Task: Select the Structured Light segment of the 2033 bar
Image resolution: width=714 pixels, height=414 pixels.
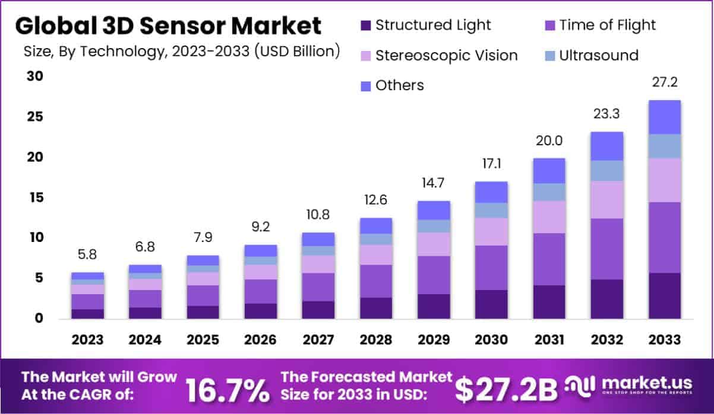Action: tap(664, 295)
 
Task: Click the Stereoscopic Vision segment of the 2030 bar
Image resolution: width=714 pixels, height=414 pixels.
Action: tap(491, 231)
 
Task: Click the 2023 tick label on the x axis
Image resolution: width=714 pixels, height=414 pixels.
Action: tap(87, 340)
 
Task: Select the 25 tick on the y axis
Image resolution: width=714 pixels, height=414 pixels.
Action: tap(34, 117)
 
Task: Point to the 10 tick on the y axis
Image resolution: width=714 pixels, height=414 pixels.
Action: tap(34, 238)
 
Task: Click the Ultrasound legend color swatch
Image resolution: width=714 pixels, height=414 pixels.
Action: tap(549, 56)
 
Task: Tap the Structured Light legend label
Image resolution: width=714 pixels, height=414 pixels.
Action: tap(433, 25)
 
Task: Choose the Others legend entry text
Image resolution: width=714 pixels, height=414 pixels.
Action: tap(400, 85)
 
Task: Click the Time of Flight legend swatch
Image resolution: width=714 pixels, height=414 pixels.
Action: tap(549, 26)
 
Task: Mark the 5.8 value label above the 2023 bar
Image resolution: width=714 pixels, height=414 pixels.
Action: tap(87, 255)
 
